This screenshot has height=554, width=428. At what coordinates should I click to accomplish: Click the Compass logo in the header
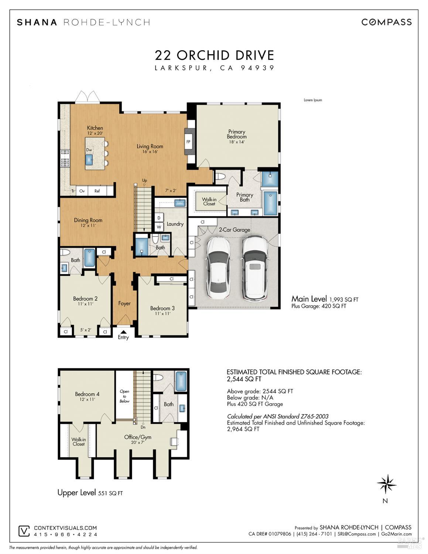tap(386, 22)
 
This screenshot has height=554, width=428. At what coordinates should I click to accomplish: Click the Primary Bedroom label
tap(237, 134)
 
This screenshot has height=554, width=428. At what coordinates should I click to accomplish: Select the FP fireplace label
tap(188, 142)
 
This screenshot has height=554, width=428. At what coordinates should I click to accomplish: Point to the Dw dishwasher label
tap(89, 150)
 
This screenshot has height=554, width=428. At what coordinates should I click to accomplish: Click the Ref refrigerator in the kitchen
tap(97, 191)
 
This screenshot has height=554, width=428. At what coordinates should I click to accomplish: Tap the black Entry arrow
tap(123, 332)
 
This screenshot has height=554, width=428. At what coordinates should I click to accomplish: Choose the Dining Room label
tap(88, 220)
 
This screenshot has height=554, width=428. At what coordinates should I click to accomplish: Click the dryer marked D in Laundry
tap(159, 218)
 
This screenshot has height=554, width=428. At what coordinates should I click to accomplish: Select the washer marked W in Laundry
tap(159, 227)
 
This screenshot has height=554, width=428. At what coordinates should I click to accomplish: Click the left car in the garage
tap(219, 268)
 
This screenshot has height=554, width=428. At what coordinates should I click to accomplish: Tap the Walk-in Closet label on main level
tap(209, 201)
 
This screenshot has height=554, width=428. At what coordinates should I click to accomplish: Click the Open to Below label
tap(124, 396)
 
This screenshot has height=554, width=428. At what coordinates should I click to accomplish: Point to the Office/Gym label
tap(138, 437)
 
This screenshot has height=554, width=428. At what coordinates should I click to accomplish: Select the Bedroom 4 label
tap(87, 394)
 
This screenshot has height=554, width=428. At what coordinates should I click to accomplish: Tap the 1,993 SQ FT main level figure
tap(344, 300)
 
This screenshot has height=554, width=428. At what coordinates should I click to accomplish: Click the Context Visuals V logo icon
tap(24, 531)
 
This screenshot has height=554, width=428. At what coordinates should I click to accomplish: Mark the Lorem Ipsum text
tap(313, 100)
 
